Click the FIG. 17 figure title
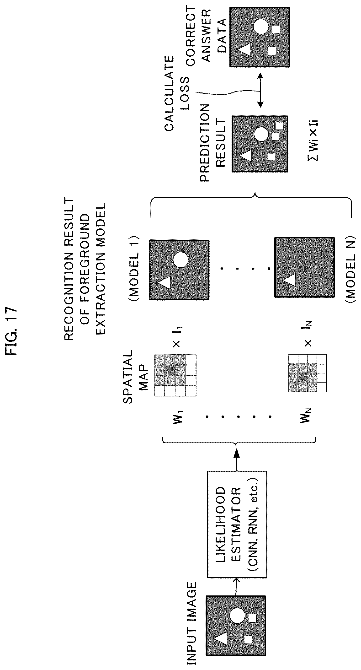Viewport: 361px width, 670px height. [11, 331]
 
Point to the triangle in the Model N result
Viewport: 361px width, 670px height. [289, 280]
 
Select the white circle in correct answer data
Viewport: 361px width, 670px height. [261, 27]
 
